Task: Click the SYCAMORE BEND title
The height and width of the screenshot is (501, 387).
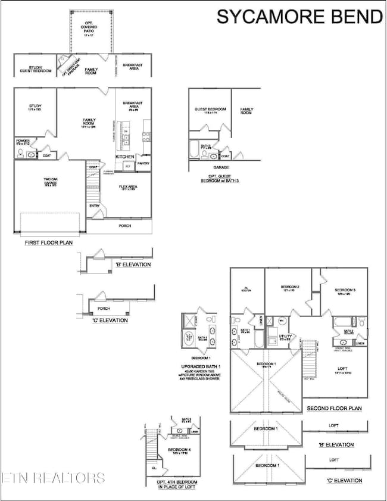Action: (x=298, y=17)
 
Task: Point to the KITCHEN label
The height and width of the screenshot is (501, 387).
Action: (x=126, y=155)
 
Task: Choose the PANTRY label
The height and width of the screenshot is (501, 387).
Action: (x=143, y=163)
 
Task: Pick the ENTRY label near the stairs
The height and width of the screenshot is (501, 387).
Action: (x=95, y=206)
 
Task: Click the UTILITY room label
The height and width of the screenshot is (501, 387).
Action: (x=286, y=337)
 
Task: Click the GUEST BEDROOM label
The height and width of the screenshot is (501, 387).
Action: (x=210, y=110)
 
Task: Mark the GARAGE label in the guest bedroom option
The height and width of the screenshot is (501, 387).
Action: (x=222, y=167)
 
